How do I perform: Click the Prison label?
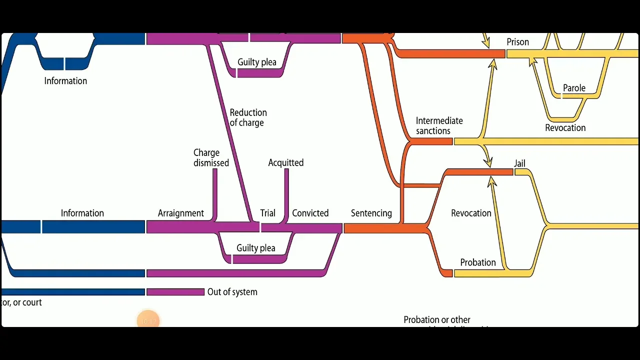[517, 42]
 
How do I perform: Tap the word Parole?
[574, 88]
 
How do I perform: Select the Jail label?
[519, 163]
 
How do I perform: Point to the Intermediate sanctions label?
[439, 125]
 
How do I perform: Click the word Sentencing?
[371, 213]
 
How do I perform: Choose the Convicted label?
[310, 213]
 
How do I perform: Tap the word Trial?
[267, 213]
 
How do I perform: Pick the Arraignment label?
[180, 213]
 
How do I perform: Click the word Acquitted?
[285, 162]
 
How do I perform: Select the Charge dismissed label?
[211, 157]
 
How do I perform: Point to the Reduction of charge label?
[248, 117]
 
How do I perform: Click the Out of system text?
[232, 292]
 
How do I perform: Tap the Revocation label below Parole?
[565, 128]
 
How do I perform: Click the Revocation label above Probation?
[471, 213]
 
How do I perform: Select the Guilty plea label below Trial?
[255, 248]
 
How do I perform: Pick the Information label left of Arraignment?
[82, 213]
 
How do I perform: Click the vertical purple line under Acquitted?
[286, 192]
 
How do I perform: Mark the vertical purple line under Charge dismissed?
[214, 192]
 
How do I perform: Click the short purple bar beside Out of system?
[175, 292]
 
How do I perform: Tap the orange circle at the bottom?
[148, 320]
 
